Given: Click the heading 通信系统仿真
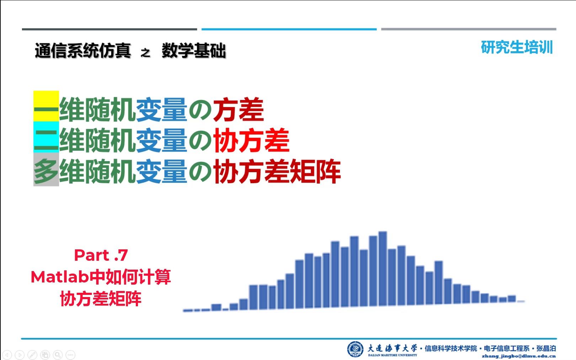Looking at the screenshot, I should coord(83,51).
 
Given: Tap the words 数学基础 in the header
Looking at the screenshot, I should coord(194,51).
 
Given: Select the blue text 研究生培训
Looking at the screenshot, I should coord(517,47).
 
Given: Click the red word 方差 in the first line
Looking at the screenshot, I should coord(238,110).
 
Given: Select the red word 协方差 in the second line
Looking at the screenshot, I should coord(251,141).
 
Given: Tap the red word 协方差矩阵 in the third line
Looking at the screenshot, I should coord(277,171).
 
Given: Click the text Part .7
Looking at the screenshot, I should coord(101,255).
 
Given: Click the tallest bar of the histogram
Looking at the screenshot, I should coord(383,269).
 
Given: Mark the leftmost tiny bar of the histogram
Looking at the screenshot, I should coord(187,311).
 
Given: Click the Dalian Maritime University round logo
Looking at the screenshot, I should coord(355,349).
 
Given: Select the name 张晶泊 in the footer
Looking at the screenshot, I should coord(546,349).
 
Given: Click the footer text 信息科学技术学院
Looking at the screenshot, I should coord(450,349).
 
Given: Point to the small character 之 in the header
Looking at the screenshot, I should coord(145,53).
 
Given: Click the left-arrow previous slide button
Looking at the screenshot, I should coord(7,355).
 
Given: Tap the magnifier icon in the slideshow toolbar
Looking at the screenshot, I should coord(58,355).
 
